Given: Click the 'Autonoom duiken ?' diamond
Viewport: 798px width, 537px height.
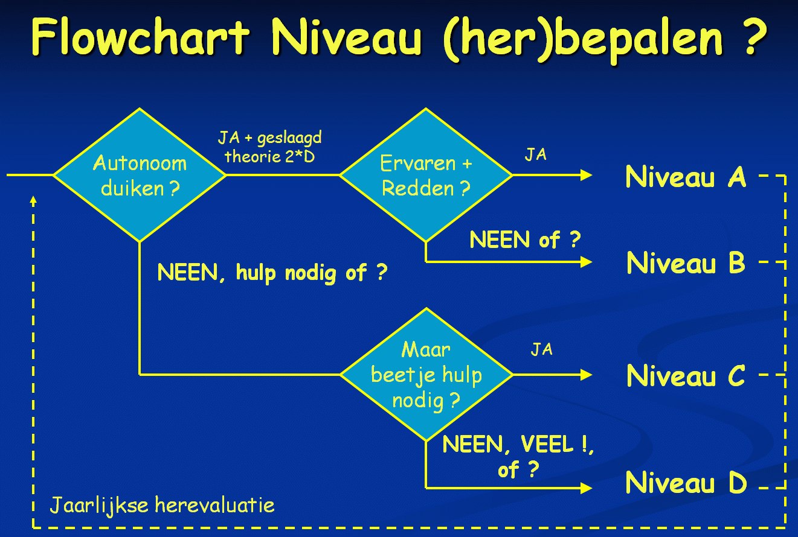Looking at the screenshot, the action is [x=140, y=175].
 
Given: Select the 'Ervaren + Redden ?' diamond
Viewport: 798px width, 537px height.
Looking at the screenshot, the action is [x=426, y=175].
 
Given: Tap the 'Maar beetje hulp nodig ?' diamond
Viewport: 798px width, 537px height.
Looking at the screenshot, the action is [x=426, y=374].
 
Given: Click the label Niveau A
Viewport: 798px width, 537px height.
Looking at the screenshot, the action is [x=686, y=177].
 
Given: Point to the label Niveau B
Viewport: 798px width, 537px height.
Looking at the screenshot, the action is [x=686, y=262].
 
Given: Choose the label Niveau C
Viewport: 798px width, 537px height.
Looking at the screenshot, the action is [x=686, y=376].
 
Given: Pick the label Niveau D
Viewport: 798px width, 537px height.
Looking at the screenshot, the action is [x=686, y=483].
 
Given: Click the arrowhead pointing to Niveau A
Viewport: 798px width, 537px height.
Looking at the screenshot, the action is [x=587, y=175].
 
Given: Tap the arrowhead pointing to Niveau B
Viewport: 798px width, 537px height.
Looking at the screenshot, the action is [x=587, y=262].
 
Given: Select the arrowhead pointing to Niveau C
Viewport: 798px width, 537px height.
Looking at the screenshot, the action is [x=587, y=374].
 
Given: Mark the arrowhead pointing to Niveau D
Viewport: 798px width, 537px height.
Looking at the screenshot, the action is [x=587, y=488].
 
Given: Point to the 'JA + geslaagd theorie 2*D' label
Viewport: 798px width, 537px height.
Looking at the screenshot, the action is [x=270, y=147].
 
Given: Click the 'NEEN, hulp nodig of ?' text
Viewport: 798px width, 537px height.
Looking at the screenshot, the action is [x=272, y=273].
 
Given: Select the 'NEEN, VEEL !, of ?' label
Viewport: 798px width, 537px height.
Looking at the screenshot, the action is [x=518, y=457].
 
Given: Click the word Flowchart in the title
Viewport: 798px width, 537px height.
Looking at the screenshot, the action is [x=140, y=36].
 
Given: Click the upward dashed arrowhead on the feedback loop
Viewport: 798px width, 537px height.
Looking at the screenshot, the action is [x=33, y=201].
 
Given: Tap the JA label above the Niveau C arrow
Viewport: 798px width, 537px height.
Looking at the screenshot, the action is [x=541, y=349].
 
